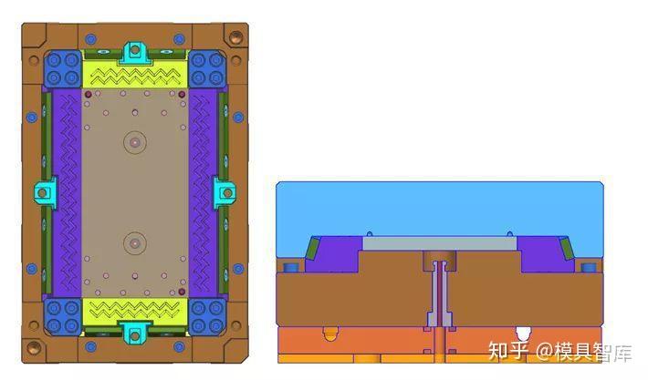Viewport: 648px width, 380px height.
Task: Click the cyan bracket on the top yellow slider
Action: (x=135, y=54)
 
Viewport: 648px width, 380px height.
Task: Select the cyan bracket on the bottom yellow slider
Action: (x=135, y=333)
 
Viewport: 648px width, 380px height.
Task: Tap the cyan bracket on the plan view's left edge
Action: (x=45, y=192)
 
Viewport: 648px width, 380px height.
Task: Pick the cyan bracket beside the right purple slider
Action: (x=225, y=192)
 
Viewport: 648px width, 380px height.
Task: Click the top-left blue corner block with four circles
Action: (x=62, y=68)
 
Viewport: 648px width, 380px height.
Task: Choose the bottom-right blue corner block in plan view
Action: (x=207, y=317)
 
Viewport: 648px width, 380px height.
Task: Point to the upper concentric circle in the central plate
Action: (x=135, y=142)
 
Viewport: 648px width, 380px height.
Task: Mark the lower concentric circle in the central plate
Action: (x=135, y=243)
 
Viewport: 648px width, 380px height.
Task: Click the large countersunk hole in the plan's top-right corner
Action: (x=236, y=37)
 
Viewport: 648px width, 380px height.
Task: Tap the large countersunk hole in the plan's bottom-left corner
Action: (x=34, y=347)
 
